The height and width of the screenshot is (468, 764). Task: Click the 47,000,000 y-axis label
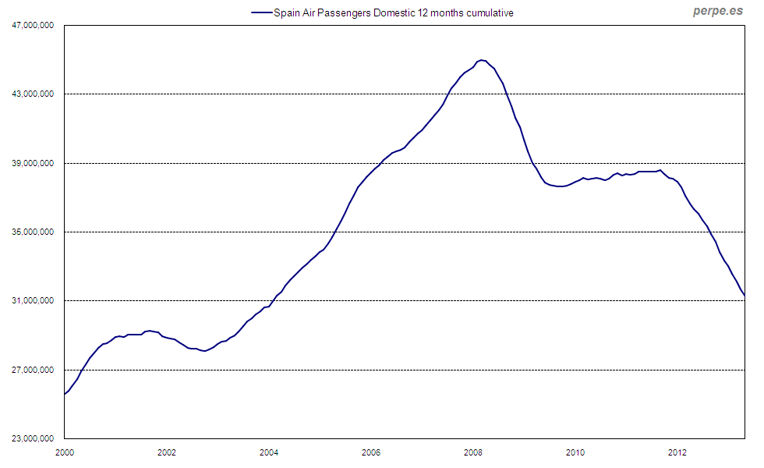(33, 26)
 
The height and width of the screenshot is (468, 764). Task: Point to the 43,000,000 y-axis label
(33, 94)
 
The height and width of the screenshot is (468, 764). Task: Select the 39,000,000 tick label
(33, 163)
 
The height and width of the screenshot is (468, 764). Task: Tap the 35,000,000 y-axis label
(33, 232)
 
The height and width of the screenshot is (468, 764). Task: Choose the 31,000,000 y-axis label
(33, 300)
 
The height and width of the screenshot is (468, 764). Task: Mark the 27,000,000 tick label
(33, 370)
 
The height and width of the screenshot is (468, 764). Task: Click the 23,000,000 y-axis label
(33, 438)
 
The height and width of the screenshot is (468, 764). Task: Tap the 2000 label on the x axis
(64, 452)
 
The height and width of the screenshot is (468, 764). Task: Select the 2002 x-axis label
(166, 452)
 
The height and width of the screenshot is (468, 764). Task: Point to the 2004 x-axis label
(268, 452)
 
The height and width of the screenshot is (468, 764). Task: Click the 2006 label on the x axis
(371, 452)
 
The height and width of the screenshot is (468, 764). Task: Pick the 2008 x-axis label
(473, 452)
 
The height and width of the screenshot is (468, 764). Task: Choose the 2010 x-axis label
(575, 452)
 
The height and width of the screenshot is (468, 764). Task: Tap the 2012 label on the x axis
(677, 452)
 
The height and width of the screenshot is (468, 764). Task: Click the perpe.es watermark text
(717, 12)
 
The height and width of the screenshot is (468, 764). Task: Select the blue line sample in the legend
(260, 13)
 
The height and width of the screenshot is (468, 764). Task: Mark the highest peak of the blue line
(482, 60)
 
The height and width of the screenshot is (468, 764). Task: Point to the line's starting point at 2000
(64, 394)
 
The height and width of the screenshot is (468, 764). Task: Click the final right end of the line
(745, 295)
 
